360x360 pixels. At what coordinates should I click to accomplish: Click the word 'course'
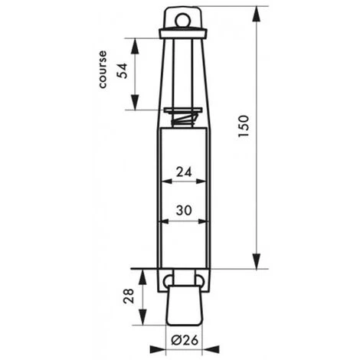coord(103,70)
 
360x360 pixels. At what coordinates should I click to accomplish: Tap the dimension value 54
coord(122,70)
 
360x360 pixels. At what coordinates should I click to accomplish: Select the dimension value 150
coord(243,126)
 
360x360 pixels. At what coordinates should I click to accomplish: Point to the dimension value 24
coord(184,172)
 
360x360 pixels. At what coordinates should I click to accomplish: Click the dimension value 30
coord(184,211)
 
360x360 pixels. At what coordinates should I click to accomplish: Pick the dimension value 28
coord(129,296)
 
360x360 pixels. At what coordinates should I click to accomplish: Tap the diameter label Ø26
coord(185,340)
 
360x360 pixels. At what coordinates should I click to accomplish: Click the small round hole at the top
coord(182,20)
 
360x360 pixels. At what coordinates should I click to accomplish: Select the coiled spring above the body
coord(183,119)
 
